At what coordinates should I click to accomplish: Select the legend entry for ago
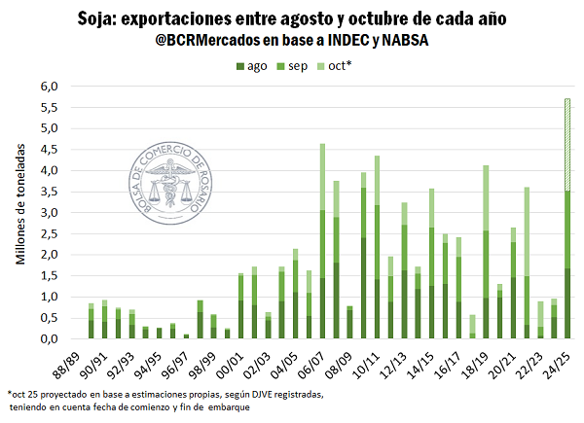coord(256,66)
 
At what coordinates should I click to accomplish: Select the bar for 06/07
coord(322,243)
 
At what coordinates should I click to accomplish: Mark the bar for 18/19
coord(486,253)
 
